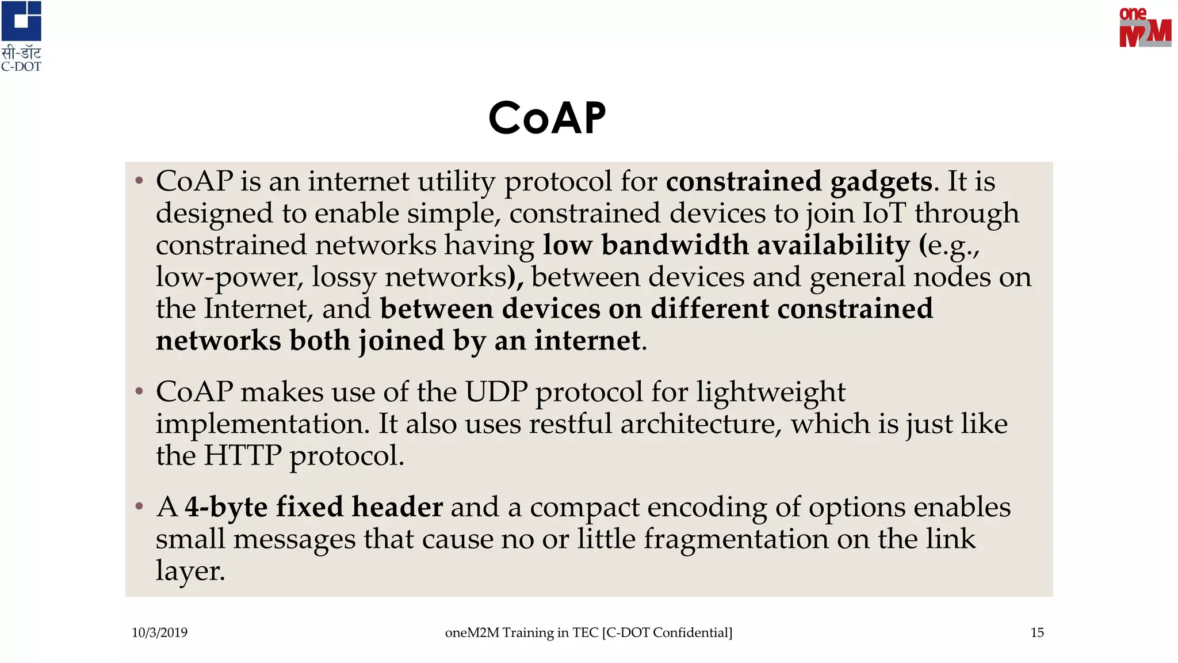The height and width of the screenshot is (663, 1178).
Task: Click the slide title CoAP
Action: click(547, 118)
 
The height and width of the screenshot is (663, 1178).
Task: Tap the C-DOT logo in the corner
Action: click(21, 36)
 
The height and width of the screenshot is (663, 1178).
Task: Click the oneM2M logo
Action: click(1145, 28)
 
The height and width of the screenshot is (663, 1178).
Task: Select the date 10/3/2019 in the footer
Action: click(159, 632)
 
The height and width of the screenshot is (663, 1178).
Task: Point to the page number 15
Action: click(1037, 632)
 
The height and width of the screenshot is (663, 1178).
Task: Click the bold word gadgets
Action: click(881, 182)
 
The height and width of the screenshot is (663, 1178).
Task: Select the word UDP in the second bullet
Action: click(496, 392)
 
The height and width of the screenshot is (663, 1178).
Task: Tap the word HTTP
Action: click(242, 455)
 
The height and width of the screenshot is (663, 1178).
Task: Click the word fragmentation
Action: click(736, 539)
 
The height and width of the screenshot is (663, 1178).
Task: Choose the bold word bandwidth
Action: click(675, 245)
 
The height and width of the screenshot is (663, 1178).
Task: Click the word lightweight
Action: click(771, 392)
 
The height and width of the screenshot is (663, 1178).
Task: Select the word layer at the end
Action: click(189, 571)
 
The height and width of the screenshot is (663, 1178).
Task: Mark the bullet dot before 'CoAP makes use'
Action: click(139, 391)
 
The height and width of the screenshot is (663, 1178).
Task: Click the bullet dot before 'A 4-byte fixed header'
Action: click(139, 506)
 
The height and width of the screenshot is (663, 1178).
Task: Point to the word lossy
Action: click(344, 277)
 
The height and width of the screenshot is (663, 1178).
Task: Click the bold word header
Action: click(397, 507)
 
